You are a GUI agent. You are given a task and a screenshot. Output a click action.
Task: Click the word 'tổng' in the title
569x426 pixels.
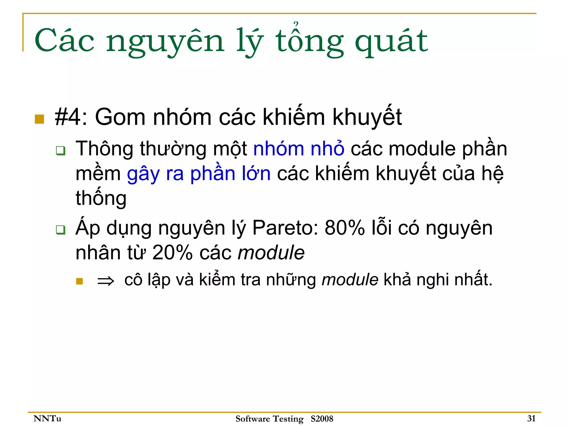[x=310, y=42]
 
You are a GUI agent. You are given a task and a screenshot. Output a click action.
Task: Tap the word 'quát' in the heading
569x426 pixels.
[x=391, y=42]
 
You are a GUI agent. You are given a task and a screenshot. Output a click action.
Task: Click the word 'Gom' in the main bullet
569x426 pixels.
[x=120, y=117]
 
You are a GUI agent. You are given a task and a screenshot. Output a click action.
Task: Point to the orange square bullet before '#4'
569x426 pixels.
[x=39, y=119]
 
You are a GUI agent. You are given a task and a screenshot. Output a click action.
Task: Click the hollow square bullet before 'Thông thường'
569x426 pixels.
[x=61, y=151]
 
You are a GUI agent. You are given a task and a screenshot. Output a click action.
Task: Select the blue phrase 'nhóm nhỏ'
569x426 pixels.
[x=299, y=149]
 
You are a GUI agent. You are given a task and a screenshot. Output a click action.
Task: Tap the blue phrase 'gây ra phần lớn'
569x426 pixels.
[x=199, y=174]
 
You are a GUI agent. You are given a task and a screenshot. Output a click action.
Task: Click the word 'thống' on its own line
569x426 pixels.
[x=101, y=198]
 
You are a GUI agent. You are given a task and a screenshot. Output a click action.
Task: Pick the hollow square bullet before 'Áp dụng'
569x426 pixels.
[x=61, y=230]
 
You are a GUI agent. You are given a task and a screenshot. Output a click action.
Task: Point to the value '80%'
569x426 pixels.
[x=345, y=228]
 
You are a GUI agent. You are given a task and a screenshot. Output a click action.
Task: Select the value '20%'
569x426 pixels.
[x=173, y=253]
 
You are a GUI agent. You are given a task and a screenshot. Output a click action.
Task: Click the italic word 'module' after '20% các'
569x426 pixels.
[x=271, y=253]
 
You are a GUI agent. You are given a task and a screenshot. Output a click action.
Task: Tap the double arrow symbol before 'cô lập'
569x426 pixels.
[x=106, y=281]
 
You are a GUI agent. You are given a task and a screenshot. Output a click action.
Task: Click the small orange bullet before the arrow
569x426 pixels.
[x=79, y=281]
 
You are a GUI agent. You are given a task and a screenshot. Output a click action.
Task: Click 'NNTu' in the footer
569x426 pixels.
[x=47, y=419]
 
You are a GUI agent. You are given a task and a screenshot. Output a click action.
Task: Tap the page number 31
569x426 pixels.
[x=531, y=419]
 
